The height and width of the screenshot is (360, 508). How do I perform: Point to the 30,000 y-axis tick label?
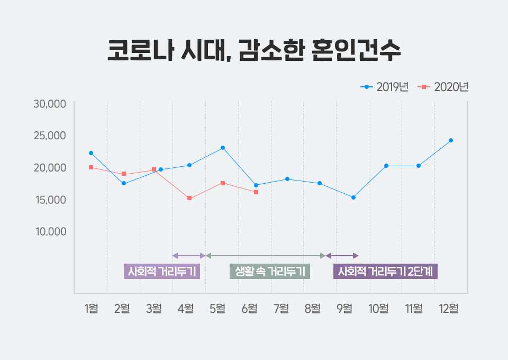(x=50, y=104)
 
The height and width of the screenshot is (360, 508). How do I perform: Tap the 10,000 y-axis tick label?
(x=50, y=231)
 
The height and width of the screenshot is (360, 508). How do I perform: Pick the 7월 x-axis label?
(x=280, y=308)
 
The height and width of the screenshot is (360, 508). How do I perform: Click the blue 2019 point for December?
(x=451, y=140)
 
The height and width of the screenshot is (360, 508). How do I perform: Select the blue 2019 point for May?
(x=223, y=148)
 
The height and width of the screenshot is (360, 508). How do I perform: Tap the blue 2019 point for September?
(x=353, y=197)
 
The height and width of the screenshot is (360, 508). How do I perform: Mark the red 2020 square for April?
(x=189, y=199)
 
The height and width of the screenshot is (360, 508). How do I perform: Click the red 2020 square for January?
(x=91, y=167)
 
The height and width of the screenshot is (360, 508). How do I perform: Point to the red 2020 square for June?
(x=256, y=192)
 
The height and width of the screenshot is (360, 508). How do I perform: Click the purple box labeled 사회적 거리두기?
(x=162, y=272)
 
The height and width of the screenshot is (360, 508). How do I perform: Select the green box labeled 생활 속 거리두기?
(x=270, y=272)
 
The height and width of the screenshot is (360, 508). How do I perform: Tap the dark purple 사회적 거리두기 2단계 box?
(x=386, y=272)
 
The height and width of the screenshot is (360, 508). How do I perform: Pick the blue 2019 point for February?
(x=124, y=183)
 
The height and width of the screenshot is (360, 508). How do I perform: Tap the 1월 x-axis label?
(x=91, y=308)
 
